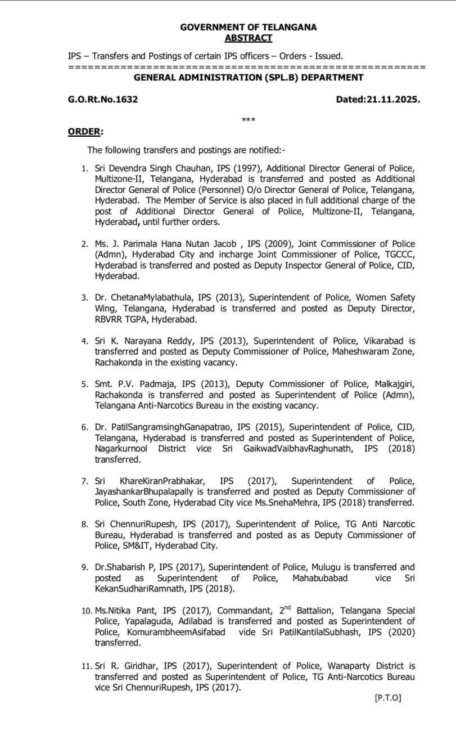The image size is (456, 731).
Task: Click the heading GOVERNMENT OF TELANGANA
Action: (x=249, y=27)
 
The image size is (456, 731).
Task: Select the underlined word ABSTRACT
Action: (x=248, y=38)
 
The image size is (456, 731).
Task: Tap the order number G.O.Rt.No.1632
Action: (x=103, y=100)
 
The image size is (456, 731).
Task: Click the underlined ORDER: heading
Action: (x=85, y=131)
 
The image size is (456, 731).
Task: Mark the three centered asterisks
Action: (x=248, y=120)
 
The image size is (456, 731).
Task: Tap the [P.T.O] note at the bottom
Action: (x=387, y=698)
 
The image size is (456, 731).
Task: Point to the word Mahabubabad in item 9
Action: (x=320, y=577)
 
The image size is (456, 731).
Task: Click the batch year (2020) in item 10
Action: (x=400, y=631)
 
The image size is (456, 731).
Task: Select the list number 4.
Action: (x=84, y=341)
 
